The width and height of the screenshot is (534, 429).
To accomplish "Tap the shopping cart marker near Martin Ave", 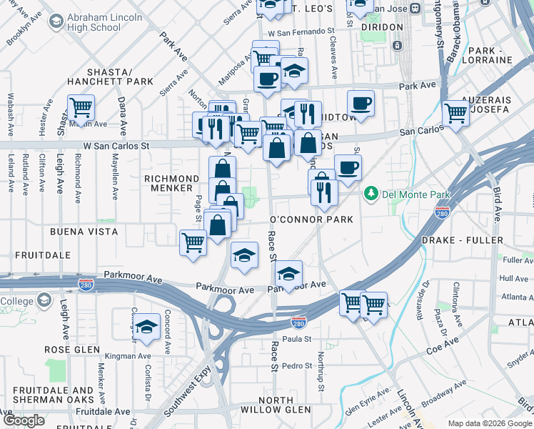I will (81, 108).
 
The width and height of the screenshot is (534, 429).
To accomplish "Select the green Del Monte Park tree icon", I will (371, 194).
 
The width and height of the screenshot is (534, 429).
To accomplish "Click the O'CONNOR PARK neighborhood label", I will (311, 220).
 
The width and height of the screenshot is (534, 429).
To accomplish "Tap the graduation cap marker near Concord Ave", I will (146, 326).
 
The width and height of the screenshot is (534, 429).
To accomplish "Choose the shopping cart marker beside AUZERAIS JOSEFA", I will (455, 112).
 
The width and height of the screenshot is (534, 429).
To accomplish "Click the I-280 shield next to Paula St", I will (298, 322).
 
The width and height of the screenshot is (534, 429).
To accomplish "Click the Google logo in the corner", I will (23, 420).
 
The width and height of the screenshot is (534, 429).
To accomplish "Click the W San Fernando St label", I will (301, 33).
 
